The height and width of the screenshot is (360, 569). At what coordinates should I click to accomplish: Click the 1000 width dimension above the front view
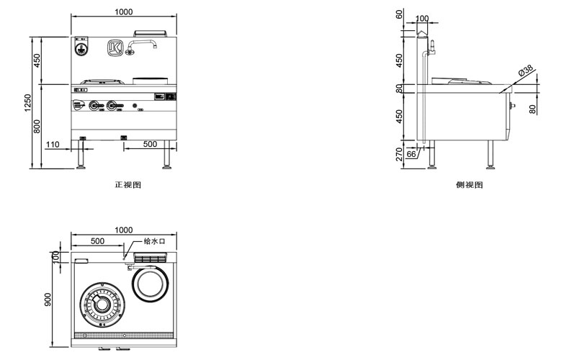[123, 12]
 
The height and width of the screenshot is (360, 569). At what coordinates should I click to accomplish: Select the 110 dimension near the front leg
[52, 145]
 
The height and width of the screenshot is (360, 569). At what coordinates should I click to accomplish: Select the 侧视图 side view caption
[469, 185]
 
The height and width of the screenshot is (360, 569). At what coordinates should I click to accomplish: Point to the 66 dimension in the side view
[411, 153]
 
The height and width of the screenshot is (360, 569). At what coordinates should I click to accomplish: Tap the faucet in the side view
[432, 48]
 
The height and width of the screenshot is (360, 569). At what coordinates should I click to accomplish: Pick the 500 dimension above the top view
[98, 241]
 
